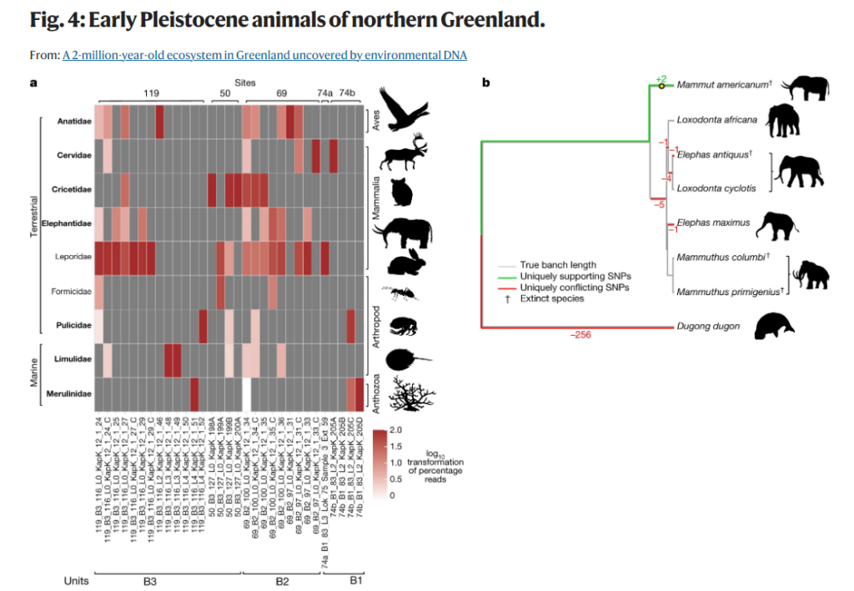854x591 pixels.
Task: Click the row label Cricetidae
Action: pos(73,188)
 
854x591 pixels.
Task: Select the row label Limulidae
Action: pos(73,358)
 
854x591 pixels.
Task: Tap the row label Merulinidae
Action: pos(70,393)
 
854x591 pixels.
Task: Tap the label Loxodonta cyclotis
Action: pos(716,188)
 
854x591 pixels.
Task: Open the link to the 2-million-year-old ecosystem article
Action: pos(264,55)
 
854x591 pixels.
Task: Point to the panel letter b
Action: pos(486,82)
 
